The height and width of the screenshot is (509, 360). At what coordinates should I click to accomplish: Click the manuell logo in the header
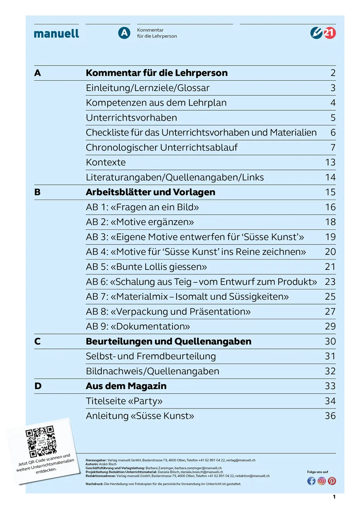click(56, 34)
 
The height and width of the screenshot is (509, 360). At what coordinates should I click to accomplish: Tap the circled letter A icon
click(124, 33)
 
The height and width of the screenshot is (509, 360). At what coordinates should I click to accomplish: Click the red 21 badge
click(329, 33)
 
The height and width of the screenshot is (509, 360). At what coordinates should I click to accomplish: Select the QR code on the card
click(41, 441)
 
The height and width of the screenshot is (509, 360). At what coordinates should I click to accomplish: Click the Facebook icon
click(311, 481)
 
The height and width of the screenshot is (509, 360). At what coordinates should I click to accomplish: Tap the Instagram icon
click(322, 481)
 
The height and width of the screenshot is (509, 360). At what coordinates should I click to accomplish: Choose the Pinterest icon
click(332, 481)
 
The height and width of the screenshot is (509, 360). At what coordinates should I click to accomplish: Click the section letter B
click(37, 192)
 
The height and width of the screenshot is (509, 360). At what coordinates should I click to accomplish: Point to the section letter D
click(38, 386)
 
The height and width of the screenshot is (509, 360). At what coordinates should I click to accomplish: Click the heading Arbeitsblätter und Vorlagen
click(150, 192)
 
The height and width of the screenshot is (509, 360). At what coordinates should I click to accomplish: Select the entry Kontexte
click(106, 163)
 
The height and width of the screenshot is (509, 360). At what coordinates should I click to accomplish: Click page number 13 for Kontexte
click(330, 163)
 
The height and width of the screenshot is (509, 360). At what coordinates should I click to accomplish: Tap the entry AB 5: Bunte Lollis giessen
click(146, 267)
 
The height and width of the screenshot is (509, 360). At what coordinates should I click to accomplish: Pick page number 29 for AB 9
click(330, 326)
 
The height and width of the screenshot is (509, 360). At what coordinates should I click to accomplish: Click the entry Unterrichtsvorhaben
click(131, 118)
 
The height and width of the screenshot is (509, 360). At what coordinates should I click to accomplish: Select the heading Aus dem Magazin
click(126, 386)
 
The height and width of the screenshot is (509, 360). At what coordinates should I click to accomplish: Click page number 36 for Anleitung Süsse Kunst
click(330, 416)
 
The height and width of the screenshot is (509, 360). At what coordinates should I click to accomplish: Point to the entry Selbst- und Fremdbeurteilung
click(151, 357)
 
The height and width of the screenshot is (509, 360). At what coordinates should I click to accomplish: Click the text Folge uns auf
click(317, 472)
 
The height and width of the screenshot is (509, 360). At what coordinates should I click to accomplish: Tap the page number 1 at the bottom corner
click(334, 497)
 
